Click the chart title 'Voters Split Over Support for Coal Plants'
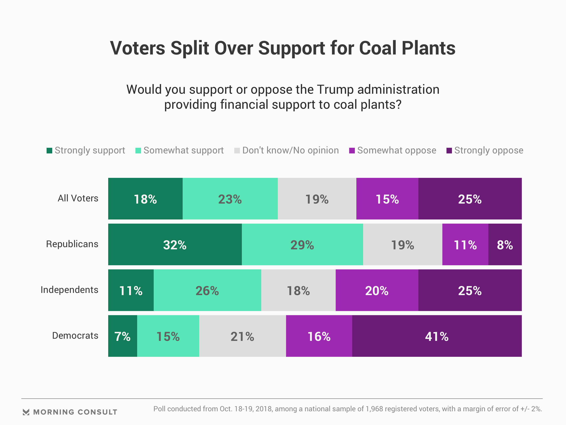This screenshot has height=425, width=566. tap(283, 48)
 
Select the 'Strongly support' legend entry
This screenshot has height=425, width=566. tap(86, 150)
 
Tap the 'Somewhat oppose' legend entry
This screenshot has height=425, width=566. tap(393, 150)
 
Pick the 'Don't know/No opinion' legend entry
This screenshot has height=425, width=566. tap(286, 150)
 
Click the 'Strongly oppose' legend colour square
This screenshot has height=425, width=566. tap(449, 151)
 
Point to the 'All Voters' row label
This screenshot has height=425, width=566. tap(78, 198)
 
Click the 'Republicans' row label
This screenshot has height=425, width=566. tap(72, 244)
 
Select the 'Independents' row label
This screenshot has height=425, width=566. tap(69, 290)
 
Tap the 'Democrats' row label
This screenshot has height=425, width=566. tap(75, 336)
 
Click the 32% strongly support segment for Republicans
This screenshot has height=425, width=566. tap(175, 244)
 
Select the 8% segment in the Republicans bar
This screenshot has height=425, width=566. tap(505, 244)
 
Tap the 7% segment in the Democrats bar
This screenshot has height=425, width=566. tap(123, 336)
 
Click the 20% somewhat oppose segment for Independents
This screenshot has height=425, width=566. tap(377, 290)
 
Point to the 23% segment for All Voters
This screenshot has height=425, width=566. tap(230, 199)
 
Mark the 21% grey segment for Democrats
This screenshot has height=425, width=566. tap(243, 336)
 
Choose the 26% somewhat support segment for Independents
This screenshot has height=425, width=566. tap(207, 290)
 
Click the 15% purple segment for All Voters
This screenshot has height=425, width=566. tap(387, 199)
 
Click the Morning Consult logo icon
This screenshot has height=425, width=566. tap(26, 412)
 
